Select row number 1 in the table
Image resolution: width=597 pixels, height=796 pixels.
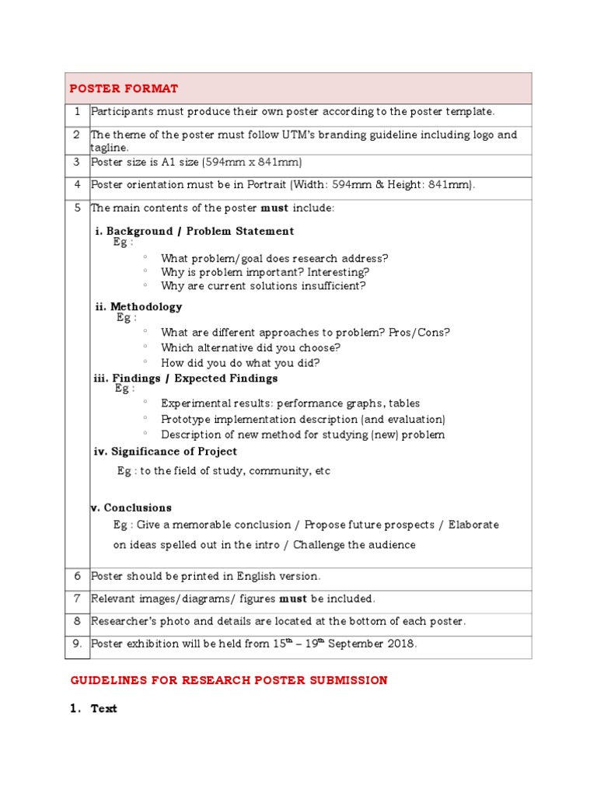coord(78,112)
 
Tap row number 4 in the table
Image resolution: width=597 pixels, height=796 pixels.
coord(78,185)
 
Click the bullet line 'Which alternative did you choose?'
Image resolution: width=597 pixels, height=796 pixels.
coord(250,347)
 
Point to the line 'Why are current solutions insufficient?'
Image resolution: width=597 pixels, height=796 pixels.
coord(263,286)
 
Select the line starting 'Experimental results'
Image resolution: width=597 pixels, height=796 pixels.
coord(290,403)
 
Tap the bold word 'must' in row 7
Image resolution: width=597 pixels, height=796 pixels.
coord(294,599)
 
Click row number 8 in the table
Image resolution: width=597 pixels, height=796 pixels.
coord(78,621)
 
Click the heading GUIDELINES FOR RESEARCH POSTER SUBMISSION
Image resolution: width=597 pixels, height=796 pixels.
coord(229,680)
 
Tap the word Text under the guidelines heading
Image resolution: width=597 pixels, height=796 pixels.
coord(104,709)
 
